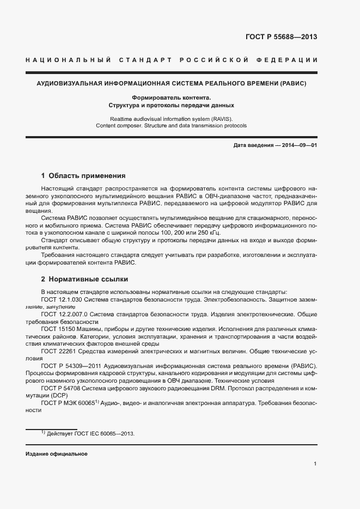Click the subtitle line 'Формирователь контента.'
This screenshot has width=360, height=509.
click(x=171, y=97)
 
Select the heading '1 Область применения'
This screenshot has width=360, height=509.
click(x=83, y=176)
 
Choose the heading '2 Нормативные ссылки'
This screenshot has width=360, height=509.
click(x=84, y=279)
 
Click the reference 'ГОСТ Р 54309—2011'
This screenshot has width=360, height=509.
click(x=71, y=366)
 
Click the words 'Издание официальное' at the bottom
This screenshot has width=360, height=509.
click(x=57, y=454)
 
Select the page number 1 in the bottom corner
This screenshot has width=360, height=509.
click(x=315, y=463)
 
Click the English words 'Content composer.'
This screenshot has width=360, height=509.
click(x=118, y=125)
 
